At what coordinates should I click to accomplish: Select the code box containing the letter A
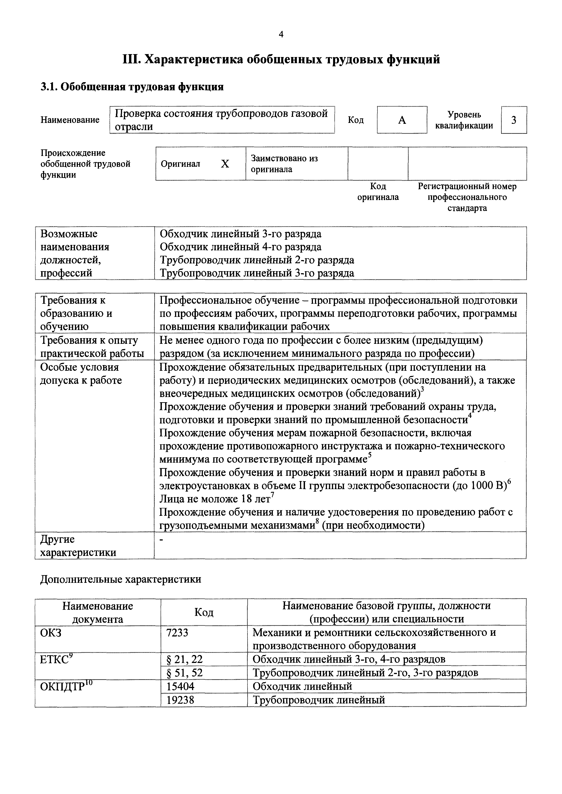click(x=402, y=120)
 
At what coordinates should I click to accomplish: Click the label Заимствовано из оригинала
click(x=284, y=164)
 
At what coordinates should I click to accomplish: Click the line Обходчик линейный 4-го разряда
click(x=240, y=247)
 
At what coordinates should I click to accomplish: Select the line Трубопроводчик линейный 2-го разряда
click(x=257, y=260)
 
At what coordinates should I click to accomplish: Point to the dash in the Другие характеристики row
click(x=161, y=539)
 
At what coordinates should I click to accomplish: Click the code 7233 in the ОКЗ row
click(x=177, y=632)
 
